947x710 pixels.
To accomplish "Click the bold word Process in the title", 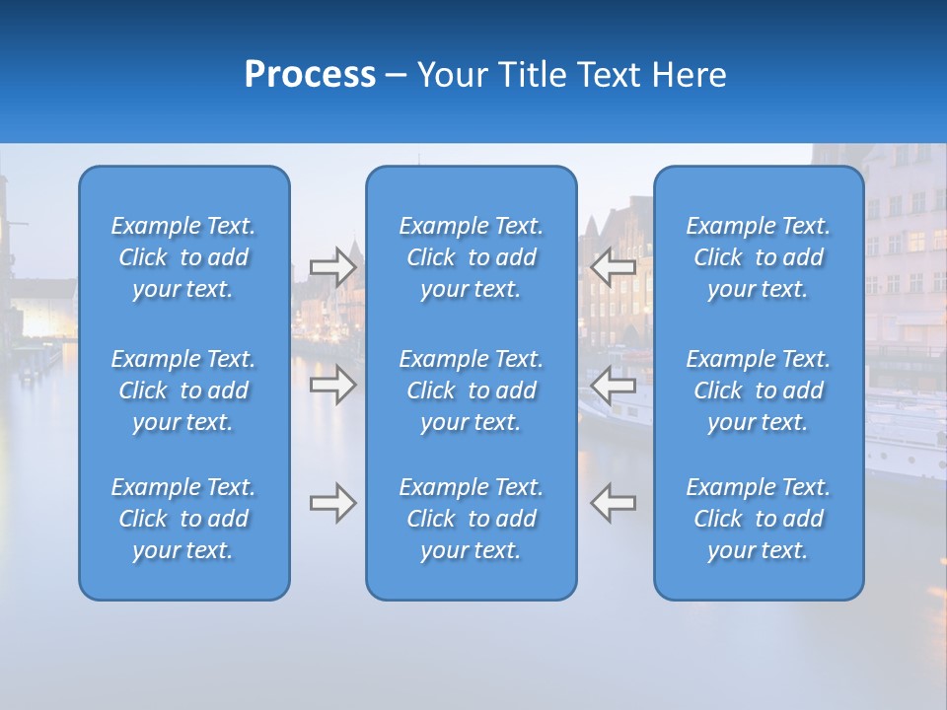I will (x=310, y=75).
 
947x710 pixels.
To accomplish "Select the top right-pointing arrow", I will (x=332, y=267).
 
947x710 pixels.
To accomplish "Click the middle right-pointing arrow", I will (x=332, y=385).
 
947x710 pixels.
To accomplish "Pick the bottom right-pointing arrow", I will (x=332, y=503).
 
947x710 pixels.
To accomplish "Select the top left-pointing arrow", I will (x=614, y=267).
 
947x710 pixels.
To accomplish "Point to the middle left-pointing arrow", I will (x=614, y=385).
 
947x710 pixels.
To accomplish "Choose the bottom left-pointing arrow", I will (x=614, y=503).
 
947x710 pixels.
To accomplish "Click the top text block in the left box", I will (x=183, y=257).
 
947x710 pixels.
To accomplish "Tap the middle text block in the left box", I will (x=183, y=390).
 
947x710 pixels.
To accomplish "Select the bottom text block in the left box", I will (x=183, y=519).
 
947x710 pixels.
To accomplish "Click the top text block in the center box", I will (x=472, y=257).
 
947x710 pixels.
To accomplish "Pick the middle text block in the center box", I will (x=472, y=390).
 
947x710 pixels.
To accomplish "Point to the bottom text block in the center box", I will (x=472, y=519).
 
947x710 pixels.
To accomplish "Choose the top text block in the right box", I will (x=759, y=257).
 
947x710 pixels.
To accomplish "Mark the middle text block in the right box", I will (x=759, y=390).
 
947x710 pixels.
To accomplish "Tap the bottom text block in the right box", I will (x=759, y=519).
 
